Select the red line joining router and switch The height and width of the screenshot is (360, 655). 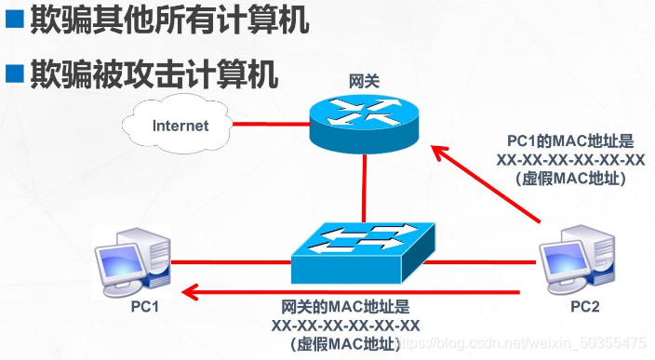pos(366,186)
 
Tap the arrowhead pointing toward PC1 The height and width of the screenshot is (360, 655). pos(190,294)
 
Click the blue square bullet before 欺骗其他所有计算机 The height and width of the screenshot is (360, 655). pos(14,20)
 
